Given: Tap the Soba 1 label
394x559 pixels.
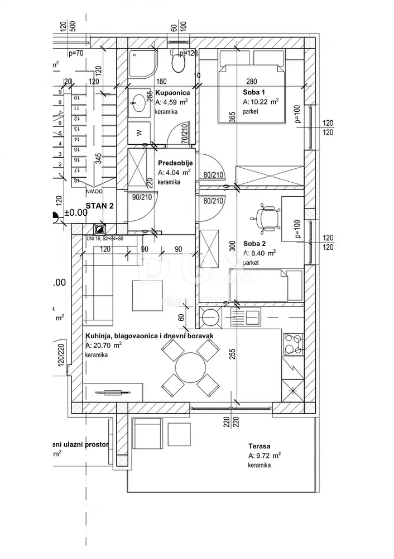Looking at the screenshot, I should tap(254, 92).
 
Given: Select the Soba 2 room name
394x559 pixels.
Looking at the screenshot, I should tap(254, 243).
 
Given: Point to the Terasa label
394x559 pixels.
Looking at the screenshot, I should tap(260, 446).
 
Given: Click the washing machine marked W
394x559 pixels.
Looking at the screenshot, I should tap(138, 133).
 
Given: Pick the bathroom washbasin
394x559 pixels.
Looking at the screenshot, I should tap(138, 102).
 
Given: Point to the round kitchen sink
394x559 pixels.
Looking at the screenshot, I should tap(212, 317).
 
